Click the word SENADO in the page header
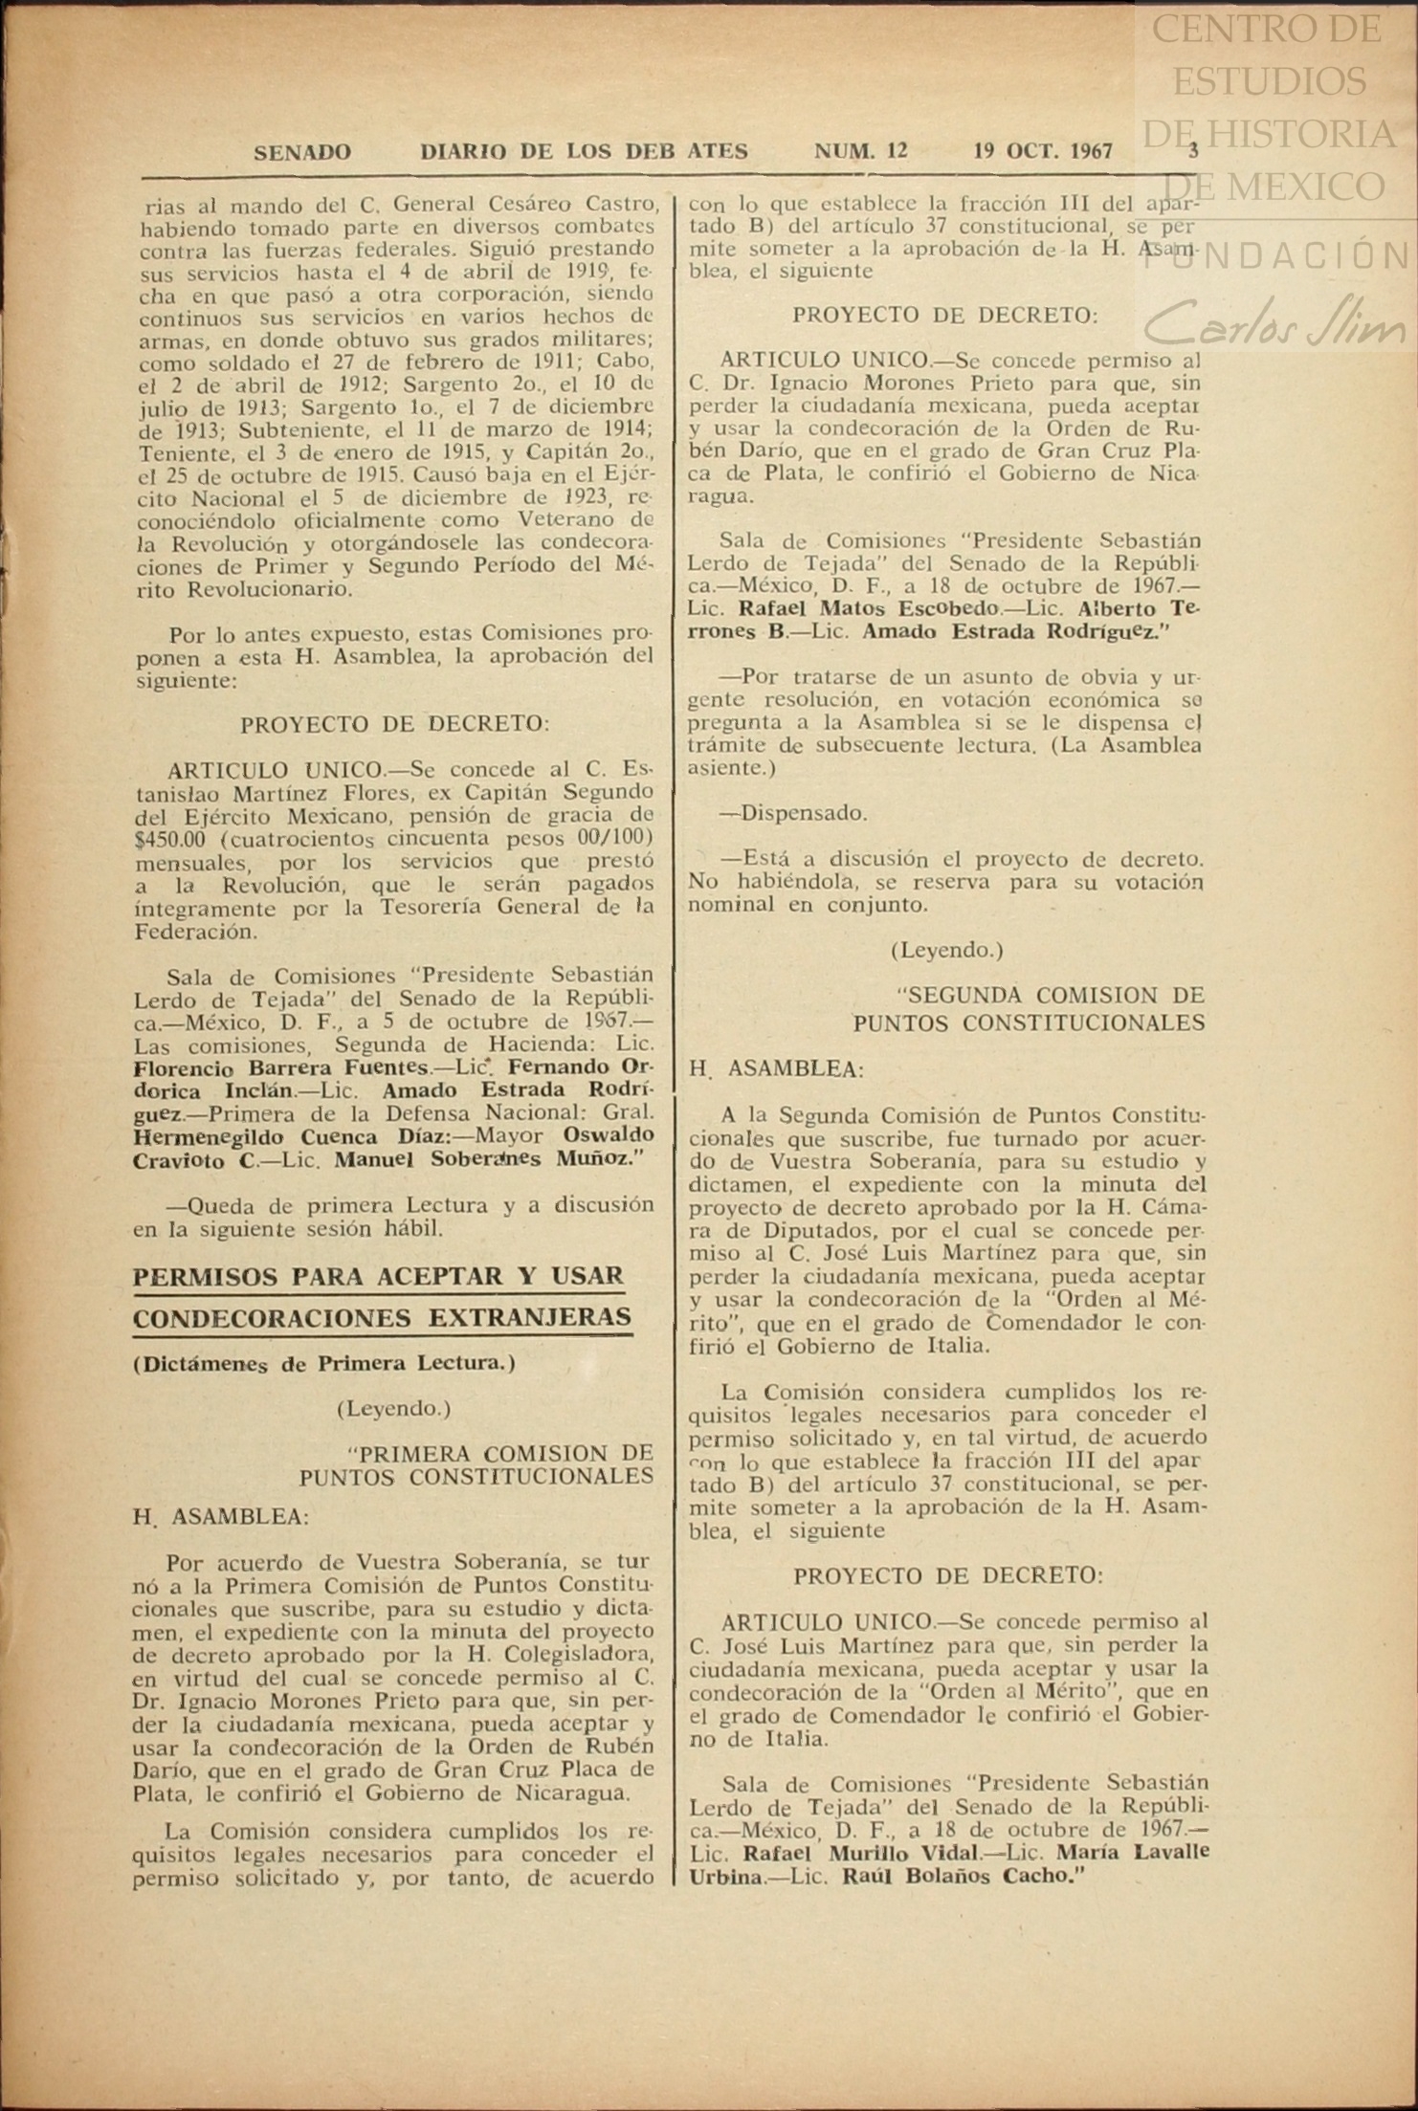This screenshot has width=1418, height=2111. coord(302,152)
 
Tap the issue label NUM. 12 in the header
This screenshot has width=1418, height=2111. coord(860,151)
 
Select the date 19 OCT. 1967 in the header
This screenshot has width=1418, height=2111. coord(1043,151)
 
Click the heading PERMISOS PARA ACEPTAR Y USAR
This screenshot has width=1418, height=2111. coord(378,1276)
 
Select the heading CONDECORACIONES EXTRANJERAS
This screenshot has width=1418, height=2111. coord(382,1318)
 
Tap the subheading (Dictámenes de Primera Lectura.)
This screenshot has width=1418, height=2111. coord(324,1363)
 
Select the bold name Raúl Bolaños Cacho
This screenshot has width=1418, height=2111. coord(964,1875)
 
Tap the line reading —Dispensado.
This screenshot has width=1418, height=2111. coord(793,814)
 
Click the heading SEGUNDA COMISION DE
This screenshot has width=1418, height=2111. coord(1052,996)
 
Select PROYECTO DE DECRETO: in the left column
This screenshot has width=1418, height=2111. coord(394,724)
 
